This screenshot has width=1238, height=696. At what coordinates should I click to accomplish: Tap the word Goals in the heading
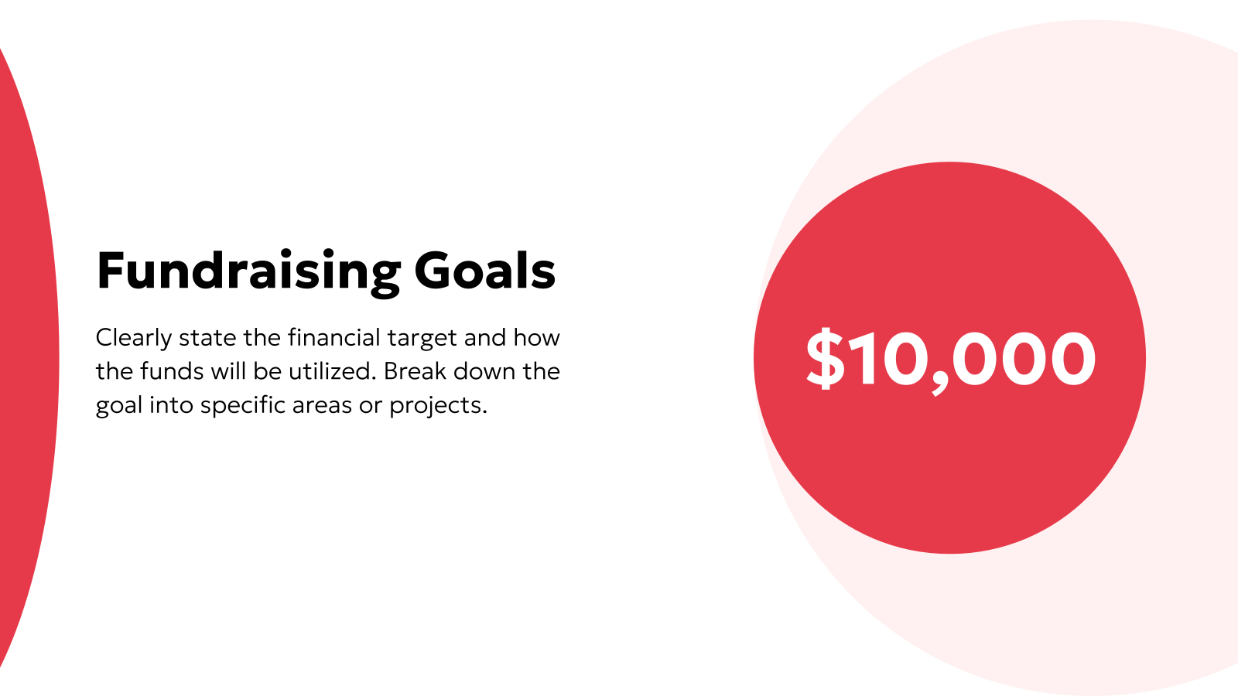pyautogui.click(x=484, y=271)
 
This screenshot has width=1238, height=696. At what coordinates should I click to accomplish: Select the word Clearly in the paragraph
pyautogui.click(x=133, y=338)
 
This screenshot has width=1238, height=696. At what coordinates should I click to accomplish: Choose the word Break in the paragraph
pyautogui.click(x=415, y=371)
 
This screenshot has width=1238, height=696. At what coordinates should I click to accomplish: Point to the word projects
pyautogui.click(x=438, y=405)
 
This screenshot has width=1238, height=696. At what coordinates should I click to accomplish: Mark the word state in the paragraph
pyautogui.click(x=207, y=338)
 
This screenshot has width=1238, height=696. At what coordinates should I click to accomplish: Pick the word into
pyautogui.click(x=171, y=405)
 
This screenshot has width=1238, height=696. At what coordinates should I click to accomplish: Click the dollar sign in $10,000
pyautogui.click(x=825, y=357)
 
